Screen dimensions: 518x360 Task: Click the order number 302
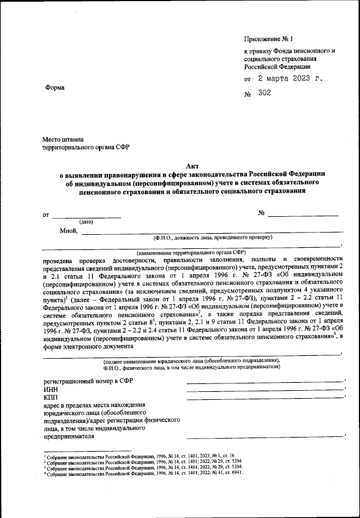(x=264, y=93)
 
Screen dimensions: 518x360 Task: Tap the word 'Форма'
(x=55, y=87)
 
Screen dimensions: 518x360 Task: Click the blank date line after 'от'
(x=87, y=216)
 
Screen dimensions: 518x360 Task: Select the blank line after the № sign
(x=303, y=214)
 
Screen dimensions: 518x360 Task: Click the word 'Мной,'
(x=68, y=230)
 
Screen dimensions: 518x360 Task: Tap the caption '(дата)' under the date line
(x=87, y=222)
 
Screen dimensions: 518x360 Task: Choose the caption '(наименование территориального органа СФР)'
(x=191, y=253)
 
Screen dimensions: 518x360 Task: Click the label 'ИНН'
(x=51, y=390)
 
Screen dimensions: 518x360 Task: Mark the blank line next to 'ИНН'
(x=264, y=391)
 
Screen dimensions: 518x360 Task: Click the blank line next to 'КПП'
(x=264, y=399)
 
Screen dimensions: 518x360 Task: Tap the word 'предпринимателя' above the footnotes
(x=69, y=436)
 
